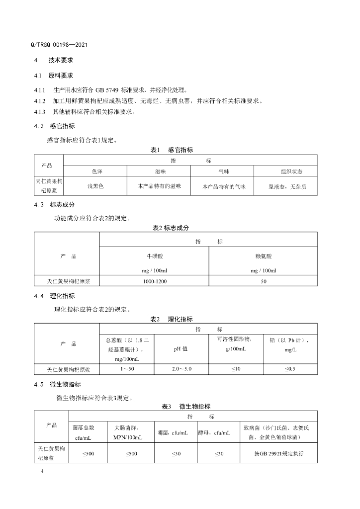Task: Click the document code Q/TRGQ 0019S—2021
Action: click(x=59, y=45)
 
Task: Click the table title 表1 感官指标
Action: click(x=172, y=150)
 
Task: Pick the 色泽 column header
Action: click(x=97, y=171)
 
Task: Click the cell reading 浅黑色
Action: click(x=95, y=186)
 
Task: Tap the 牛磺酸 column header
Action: click(x=153, y=256)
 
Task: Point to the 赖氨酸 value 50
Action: click(x=263, y=281)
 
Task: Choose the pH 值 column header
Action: click(x=180, y=349)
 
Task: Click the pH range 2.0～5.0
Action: click(x=181, y=369)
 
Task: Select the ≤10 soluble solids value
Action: click(x=235, y=369)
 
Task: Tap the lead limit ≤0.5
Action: click(x=290, y=369)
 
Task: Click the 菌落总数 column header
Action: click(x=83, y=427)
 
